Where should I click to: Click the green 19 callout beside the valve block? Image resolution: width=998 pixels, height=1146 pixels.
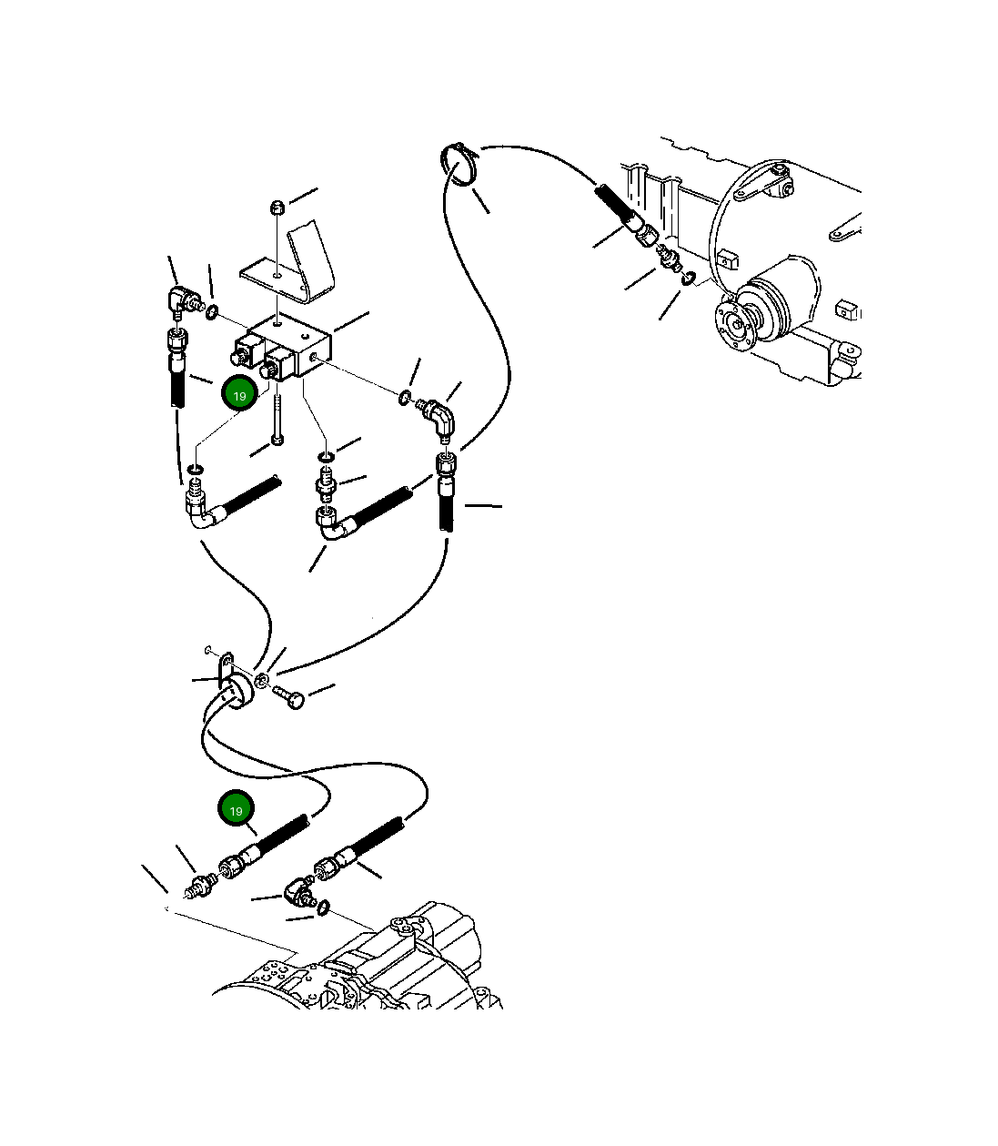[239, 392]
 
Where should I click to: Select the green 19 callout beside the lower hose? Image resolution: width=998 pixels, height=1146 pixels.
[236, 807]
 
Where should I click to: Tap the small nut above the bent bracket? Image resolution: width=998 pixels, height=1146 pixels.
[277, 208]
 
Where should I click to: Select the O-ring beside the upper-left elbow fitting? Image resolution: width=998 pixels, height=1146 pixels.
[212, 312]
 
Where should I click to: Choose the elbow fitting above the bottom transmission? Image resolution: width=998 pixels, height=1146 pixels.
[298, 893]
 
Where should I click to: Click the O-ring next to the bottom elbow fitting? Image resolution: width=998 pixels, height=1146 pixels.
[323, 908]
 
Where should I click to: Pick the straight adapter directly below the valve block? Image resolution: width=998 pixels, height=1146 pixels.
[326, 482]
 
